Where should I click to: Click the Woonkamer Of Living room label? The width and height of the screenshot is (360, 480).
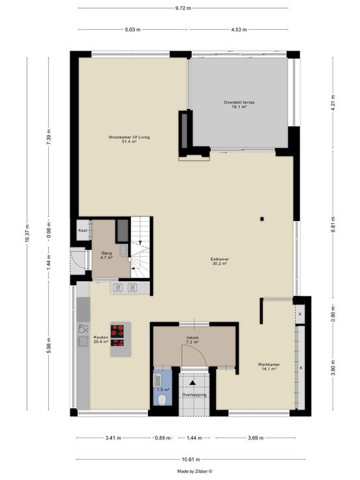tap(129, 138)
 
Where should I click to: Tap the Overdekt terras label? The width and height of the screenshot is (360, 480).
tap(239, 102)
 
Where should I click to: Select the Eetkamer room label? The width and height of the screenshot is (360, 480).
tap(220, 260)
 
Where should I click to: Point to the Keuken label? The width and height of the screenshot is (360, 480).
tap(101, 337)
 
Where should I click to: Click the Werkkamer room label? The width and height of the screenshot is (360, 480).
tap(269, 365)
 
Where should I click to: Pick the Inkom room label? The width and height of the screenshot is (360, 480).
tap(192, 338)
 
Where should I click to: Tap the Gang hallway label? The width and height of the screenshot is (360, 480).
tap(106, 254)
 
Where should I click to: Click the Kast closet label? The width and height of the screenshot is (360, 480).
tap(83, 230)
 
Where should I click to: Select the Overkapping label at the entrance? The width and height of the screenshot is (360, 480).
tap(194, 395)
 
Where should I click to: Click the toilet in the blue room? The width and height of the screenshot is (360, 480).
tap(162, 400)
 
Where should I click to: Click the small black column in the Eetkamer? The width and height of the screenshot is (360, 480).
tap(262, 219)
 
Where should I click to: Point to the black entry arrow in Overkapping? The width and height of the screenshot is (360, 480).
tap(192, 382)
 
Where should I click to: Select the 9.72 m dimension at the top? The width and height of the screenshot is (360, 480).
tap(183, 8)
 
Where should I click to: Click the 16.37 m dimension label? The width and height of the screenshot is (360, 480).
tap(27, 233)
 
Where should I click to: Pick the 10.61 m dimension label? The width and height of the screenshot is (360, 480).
tap(190, 460)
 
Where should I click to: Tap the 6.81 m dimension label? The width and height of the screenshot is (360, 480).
tap(333, 224)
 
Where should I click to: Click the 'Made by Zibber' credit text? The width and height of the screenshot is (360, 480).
tap(195, 472)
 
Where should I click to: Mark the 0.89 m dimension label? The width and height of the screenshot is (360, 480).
tap(162, 438)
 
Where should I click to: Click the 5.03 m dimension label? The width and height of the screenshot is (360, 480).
tap(133, 30)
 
